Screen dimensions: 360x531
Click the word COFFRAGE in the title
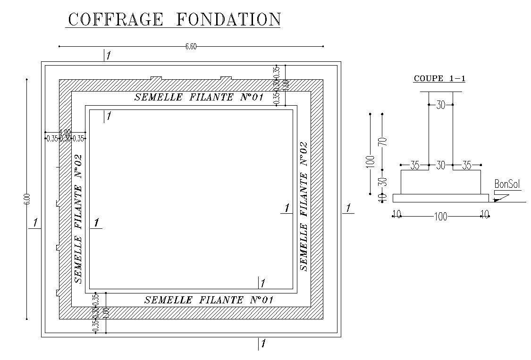pos(116,20)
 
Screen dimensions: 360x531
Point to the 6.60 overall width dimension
pos(191,46)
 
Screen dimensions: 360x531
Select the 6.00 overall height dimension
pos(27,199)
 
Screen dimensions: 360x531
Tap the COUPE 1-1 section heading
pos(439,79)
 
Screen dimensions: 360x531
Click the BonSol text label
pos(507,184)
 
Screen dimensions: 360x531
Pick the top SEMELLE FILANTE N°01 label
pos(198,97)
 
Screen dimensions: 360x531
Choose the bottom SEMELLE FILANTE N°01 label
pos(209,300)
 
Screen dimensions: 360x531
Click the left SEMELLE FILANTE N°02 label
pos(78,218)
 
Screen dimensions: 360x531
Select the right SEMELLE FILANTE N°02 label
pos(304,206)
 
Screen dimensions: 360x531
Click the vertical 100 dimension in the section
pos(371,161)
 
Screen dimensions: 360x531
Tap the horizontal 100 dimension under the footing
pos(440,217)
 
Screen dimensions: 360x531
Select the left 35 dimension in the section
pos(414,165)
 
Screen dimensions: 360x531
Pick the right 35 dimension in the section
pos(466,165)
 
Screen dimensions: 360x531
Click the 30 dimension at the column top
pos(440,105)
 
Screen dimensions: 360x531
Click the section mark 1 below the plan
pos(263,344)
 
